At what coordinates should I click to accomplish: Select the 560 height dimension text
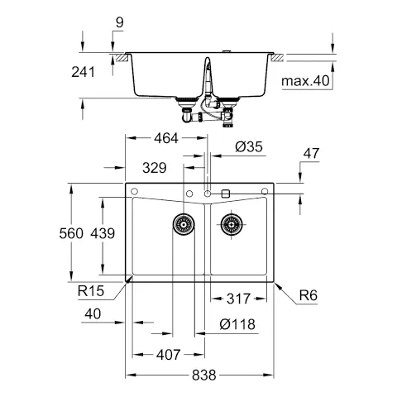point(72,234)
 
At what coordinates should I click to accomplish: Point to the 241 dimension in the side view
point(83,72)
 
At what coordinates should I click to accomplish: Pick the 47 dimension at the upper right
point(311,153)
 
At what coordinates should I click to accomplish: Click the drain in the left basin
point(182,222)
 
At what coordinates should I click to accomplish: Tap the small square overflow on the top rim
point(226,193)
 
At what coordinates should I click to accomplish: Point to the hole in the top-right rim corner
point(265,193)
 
